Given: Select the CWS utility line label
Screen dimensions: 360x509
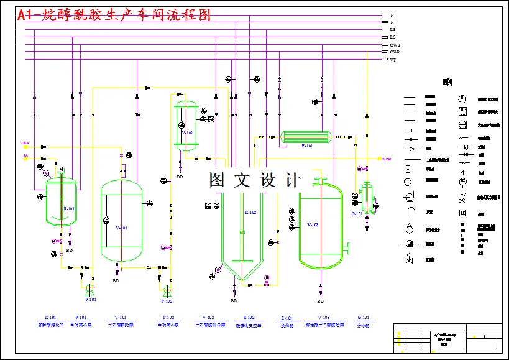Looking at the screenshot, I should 395,45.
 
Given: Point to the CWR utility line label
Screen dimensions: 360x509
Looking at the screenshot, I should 395,52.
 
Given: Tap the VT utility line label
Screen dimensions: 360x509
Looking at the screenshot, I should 393,60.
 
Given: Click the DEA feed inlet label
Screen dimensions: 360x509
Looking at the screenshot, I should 25,143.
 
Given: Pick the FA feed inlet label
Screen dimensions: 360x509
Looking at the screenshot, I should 25,155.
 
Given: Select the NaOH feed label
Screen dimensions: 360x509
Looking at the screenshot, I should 386,159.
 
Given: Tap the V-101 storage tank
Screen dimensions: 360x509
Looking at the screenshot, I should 121,221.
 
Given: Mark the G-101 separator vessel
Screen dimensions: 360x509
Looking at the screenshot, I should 365,198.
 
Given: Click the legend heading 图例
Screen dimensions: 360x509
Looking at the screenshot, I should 446,81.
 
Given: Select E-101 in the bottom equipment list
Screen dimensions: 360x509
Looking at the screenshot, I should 287,317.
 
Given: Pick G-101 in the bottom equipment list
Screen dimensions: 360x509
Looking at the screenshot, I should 363,317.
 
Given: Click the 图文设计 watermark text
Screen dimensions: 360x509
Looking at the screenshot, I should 255,180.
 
